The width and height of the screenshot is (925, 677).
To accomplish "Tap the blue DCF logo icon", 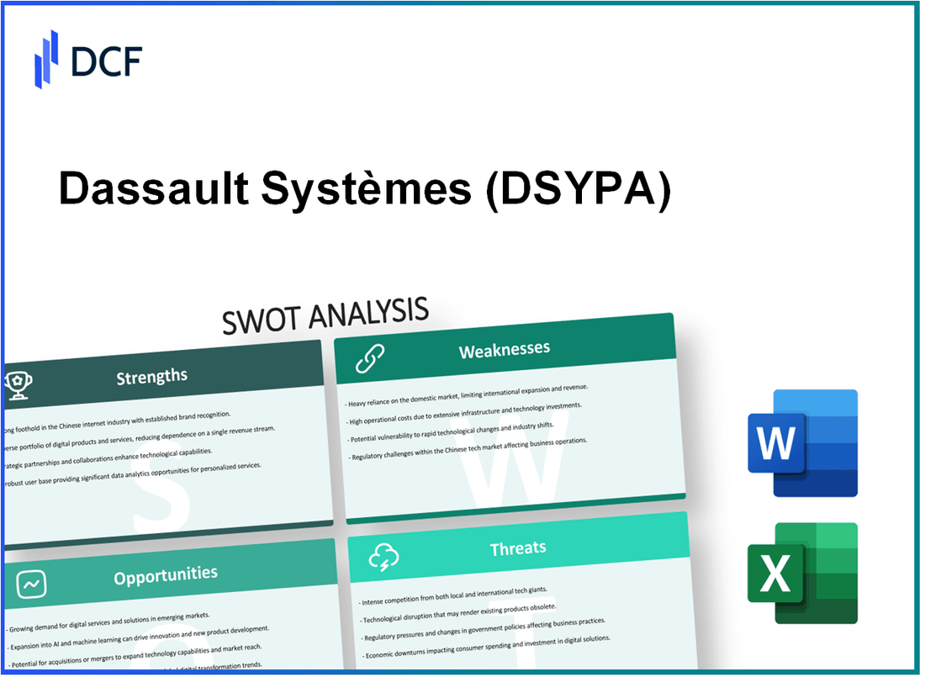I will click(x=46, y=59).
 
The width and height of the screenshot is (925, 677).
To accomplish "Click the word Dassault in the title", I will click(x=152, y=192).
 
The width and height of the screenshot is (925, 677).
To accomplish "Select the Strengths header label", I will click(x=152, y=376).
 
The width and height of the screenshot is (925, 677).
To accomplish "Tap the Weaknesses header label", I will click(x=504, y=349).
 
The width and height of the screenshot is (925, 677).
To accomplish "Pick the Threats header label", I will click(x=518, y=548).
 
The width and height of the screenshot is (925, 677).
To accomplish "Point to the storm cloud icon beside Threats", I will click(x=383, y=556).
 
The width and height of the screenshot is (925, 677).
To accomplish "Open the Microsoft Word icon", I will click(x=802, y=443).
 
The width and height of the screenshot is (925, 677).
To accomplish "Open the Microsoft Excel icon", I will click(x=802, y=573).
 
